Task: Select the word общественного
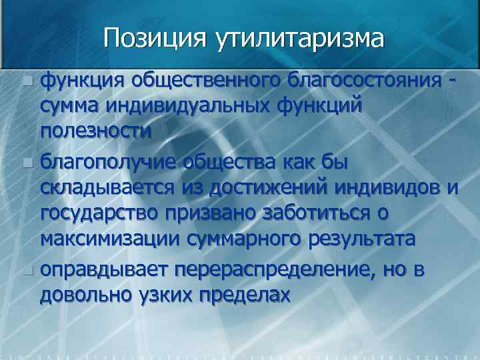[207, 81]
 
